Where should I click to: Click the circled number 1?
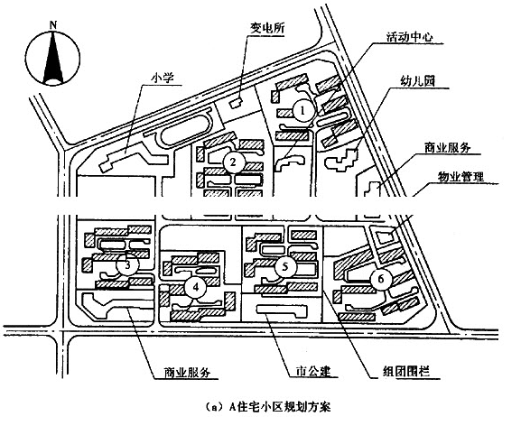[x=302, y=111]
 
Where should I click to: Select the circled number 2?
[x=234, y=162]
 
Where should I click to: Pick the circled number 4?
[x=196, y=287]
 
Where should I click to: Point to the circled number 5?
[x=284, y=266]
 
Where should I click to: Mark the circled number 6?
[x=381, y=279]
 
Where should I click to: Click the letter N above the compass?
[x=53, y=25]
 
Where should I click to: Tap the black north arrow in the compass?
[x=53, y=57]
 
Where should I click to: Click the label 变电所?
[x=267, y=28]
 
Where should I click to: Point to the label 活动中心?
[x=409, y=36]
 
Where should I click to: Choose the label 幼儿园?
[x=418, y=81]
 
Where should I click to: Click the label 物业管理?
[x=461, y=177]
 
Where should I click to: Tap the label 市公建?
[x=313, y=371]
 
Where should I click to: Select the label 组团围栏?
[x=405, y=371]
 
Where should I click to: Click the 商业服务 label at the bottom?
[x=187, y=372]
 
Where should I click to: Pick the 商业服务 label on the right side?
[x=447, y=147]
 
